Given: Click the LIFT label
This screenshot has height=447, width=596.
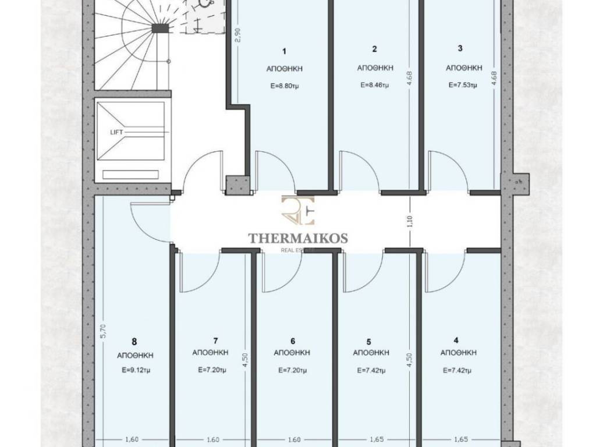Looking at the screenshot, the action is point(116,132).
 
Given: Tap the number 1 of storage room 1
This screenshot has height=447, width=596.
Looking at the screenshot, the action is point(284,51).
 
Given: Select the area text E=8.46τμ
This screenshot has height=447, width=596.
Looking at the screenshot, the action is point(374,85).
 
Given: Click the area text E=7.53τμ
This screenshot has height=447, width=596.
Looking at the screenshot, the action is point(463,85).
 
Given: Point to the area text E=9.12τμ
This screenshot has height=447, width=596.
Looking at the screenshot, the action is point(136,370).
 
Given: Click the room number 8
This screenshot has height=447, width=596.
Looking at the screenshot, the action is point(134,342).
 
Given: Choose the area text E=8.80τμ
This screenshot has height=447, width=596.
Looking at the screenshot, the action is point(285,86).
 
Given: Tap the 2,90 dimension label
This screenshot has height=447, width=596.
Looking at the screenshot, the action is point(238,36).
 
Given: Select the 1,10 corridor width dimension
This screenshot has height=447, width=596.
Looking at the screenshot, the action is point(409,222).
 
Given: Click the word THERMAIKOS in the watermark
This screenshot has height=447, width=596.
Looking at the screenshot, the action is point(298,238).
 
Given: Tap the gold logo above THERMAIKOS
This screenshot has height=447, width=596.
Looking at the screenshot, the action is point(298,210).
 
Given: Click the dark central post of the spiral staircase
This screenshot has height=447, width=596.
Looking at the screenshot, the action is point(160,29).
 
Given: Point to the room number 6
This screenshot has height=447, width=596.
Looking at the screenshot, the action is point(292,341).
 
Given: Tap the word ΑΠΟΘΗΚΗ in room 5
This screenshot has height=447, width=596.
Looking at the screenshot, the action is point(371,353).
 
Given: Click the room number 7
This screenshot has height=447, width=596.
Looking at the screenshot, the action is point(215,341).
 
